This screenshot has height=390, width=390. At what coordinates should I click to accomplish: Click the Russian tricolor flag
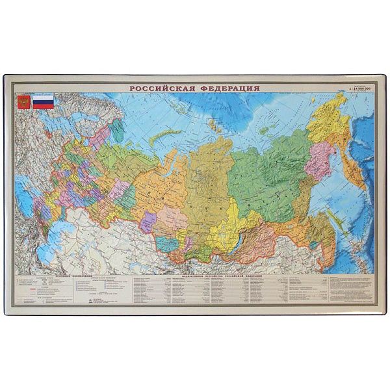pos(44,101)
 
